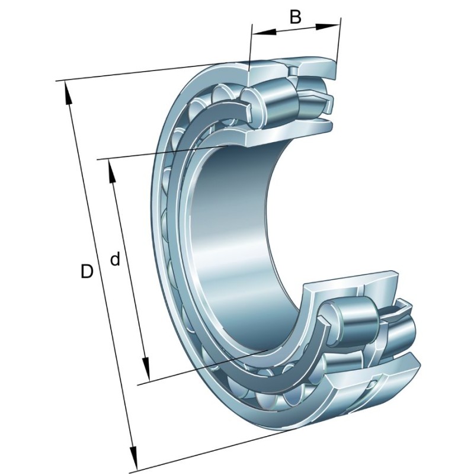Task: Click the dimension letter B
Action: coord(295,17)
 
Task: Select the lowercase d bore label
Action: coord(116,259)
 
